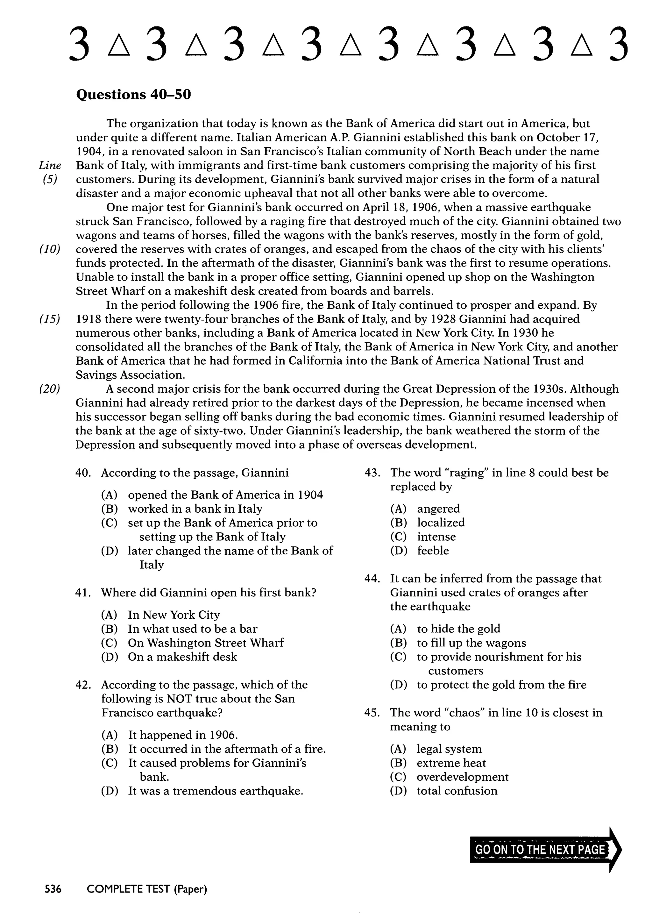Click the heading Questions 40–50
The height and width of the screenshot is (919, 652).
133,95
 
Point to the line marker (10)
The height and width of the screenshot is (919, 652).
50,249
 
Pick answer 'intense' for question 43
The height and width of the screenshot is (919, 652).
436,537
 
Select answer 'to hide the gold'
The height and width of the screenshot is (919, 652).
458,629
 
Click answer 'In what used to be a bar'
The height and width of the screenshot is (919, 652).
192,629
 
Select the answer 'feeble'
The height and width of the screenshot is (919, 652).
433,551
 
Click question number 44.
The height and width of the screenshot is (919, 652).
372,579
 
